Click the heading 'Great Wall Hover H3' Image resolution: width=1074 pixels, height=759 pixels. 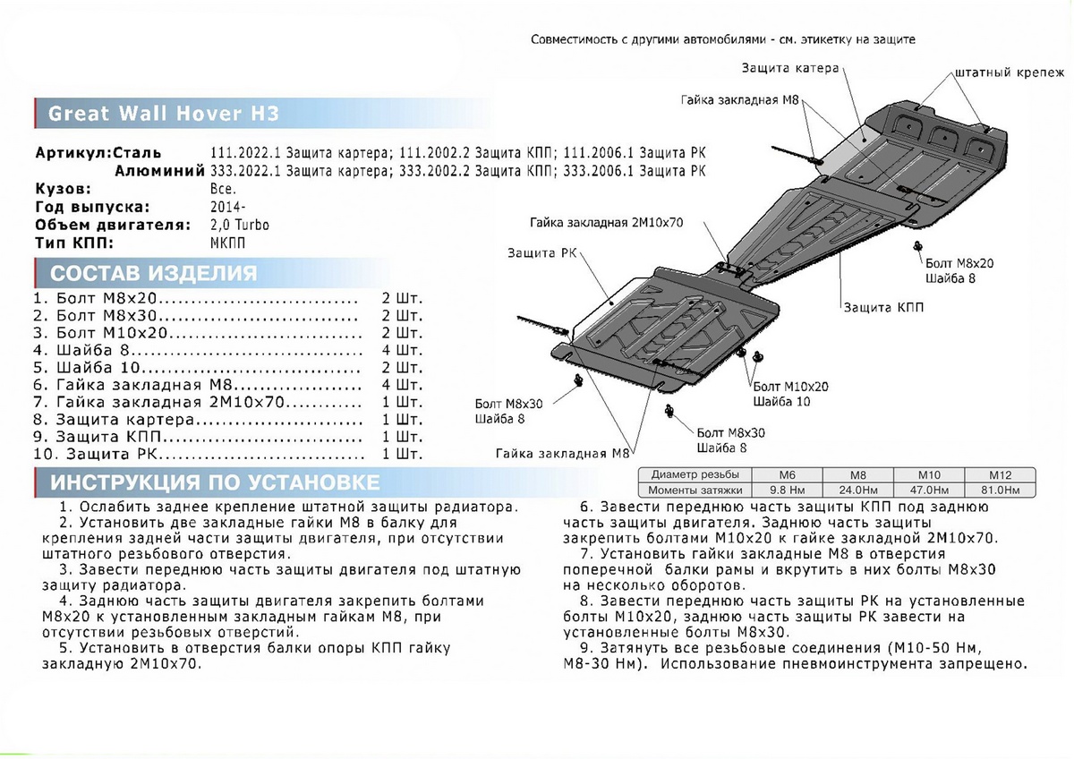(163, 114)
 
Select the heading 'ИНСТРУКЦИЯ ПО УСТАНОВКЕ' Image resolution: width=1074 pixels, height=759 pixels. (215, 483)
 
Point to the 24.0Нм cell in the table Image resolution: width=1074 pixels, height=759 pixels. (855, 490)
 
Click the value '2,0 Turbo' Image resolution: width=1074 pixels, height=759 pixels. (240, 225)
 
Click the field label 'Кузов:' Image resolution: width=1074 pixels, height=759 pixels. (64, 190)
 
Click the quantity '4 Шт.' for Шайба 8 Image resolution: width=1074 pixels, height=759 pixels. (401, 350)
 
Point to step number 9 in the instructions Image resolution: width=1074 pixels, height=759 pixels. (586, 647)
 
